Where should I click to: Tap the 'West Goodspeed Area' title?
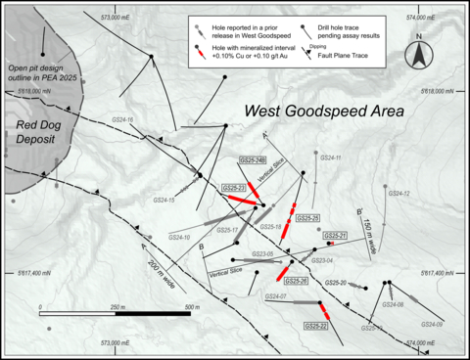pos(324,112)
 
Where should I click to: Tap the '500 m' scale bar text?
pos(178,307)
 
